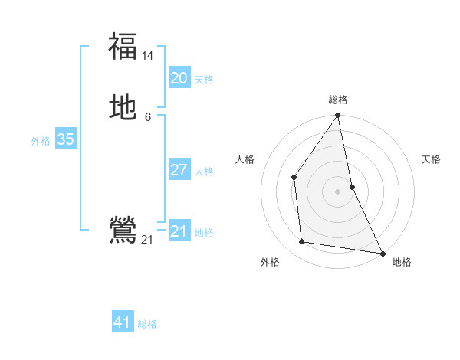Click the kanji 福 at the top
tap(123, 46)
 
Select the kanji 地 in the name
tap(123, 108)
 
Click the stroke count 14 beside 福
tap(148, 56)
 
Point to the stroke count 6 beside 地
tap(148, 117)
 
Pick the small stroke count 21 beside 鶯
tap(147, 240)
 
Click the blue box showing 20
tap(179, 78)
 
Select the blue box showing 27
tap(179, 170)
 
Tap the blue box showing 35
tap(65, 139)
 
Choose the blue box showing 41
tap(123, 322)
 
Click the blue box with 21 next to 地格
tap(179, 231)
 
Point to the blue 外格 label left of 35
tap(41, 141)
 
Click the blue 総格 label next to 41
tap(147, 324)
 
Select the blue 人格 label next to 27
tap(204, 172)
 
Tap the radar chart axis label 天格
tap(431, 159)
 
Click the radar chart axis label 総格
tap(338, 100)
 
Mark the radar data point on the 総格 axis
tap(337, 116)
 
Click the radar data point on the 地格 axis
tap(382, 253)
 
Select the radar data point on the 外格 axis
tap(302, 242)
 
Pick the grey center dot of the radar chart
tap(337, 191)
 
